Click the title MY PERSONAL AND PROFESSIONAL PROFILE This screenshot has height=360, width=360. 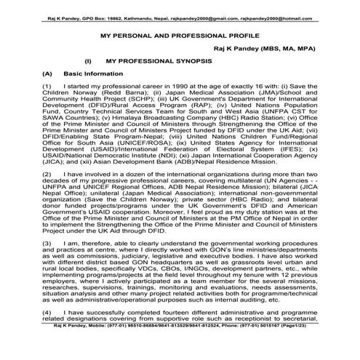[x=180, y=34]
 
